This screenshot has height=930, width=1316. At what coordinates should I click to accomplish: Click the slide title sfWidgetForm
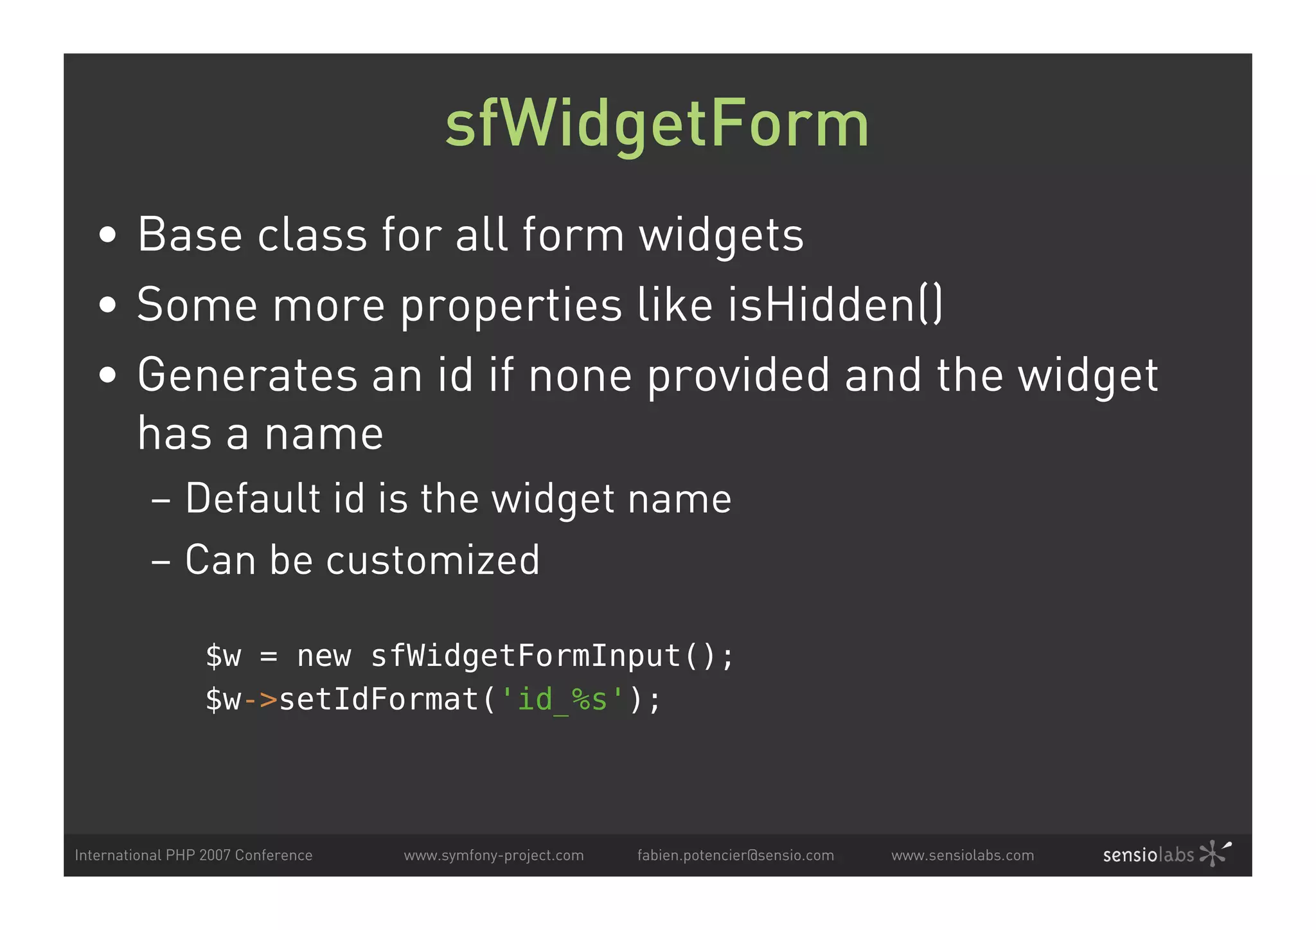pyautogui.click(x=657, y=124)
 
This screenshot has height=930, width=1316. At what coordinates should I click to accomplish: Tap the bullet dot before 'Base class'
pyautogui.click(x=108, y=235)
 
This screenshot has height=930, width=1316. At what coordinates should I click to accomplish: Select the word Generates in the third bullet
pyautogui.click(x=247, y=375)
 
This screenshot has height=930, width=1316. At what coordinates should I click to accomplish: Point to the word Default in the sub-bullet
pyautogui.click(x=253, y=498)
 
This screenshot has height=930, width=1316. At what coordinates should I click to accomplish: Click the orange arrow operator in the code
pyautogui.click(x=260, y=699)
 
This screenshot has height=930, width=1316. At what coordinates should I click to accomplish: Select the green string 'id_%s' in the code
pyautogui.click(x=562, y=699)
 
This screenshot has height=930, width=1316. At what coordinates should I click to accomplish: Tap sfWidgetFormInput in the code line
pyautogui.click(x=526, y=656)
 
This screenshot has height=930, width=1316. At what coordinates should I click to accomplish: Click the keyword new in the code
pyautogui.click(x=324, y=656)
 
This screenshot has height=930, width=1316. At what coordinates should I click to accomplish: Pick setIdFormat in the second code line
pyautogui.click(x=379, y=699)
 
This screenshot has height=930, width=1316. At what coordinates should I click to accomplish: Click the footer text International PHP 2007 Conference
pyautogui.click(x=193, y=855)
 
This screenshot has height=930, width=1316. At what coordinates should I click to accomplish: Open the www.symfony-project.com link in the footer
pyautogui.click(x=493, y=855)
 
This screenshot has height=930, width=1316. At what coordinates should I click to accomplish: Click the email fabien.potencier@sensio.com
pyautogui.click(x=735, y=855)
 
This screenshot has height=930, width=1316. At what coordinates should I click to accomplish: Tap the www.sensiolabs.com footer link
pyautogui.click(x=962, y=855)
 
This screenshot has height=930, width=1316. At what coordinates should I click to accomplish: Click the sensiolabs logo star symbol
pyautogui.click(x=1214, y=854)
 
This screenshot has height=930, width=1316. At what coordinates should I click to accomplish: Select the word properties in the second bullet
pyautogui.click(x=511, y=305)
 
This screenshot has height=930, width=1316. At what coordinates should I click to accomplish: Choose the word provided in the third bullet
pyautogui.click(x=738, y=375)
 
